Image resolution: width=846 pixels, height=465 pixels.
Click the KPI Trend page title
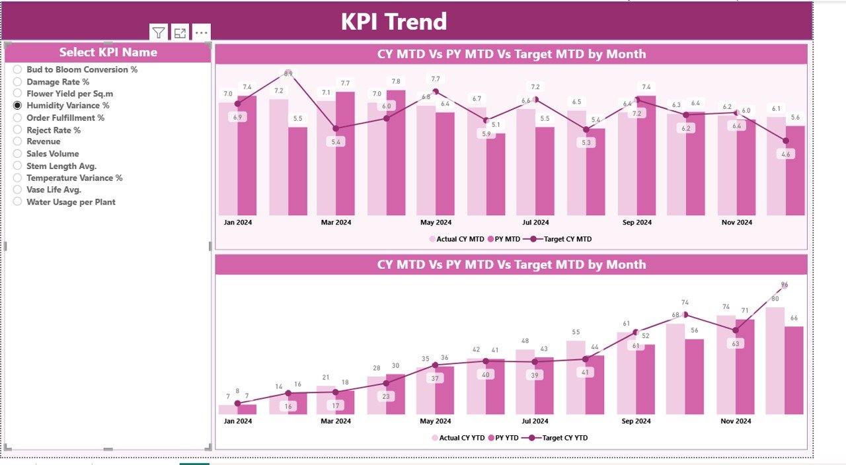pyautogui.click(x=394, y=22)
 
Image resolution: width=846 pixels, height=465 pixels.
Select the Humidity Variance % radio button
pyautogui.click(x=18, y=106)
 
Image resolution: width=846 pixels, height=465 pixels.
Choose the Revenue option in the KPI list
pyautogui.click(x=18, y=142)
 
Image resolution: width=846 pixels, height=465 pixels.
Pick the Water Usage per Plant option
pyautogui.click(x=18, y=202)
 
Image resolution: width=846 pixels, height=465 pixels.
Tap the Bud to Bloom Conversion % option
pyautogui.click(x=18, y=69)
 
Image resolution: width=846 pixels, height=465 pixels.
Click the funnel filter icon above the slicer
pyautogui.click(x=158, y=32)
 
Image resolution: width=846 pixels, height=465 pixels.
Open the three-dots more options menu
pyautogui.click(x=202, y=32)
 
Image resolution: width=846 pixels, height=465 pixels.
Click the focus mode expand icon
pyautogui.click(x=180, y=32)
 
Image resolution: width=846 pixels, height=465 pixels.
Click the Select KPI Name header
pyautogui.click(x=108, y=53)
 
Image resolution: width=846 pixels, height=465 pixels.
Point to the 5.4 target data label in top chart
pyautogui.click(x=336, y=142)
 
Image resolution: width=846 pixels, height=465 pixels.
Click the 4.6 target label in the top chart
pyautogui.click(x=785, y=154)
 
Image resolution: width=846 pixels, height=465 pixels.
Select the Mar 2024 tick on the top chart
pyautogui.click(x=336, y=223)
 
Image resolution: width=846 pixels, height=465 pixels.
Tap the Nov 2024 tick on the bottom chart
pyautogui.click(x=736, y=421)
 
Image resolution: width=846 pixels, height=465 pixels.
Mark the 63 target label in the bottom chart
pyautogui.click(x=736, y=343)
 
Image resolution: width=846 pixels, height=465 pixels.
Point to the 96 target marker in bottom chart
pyautogui.click(x=784, y=285)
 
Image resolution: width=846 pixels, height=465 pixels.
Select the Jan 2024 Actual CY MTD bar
pyautogui.click(x=228, y=159)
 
